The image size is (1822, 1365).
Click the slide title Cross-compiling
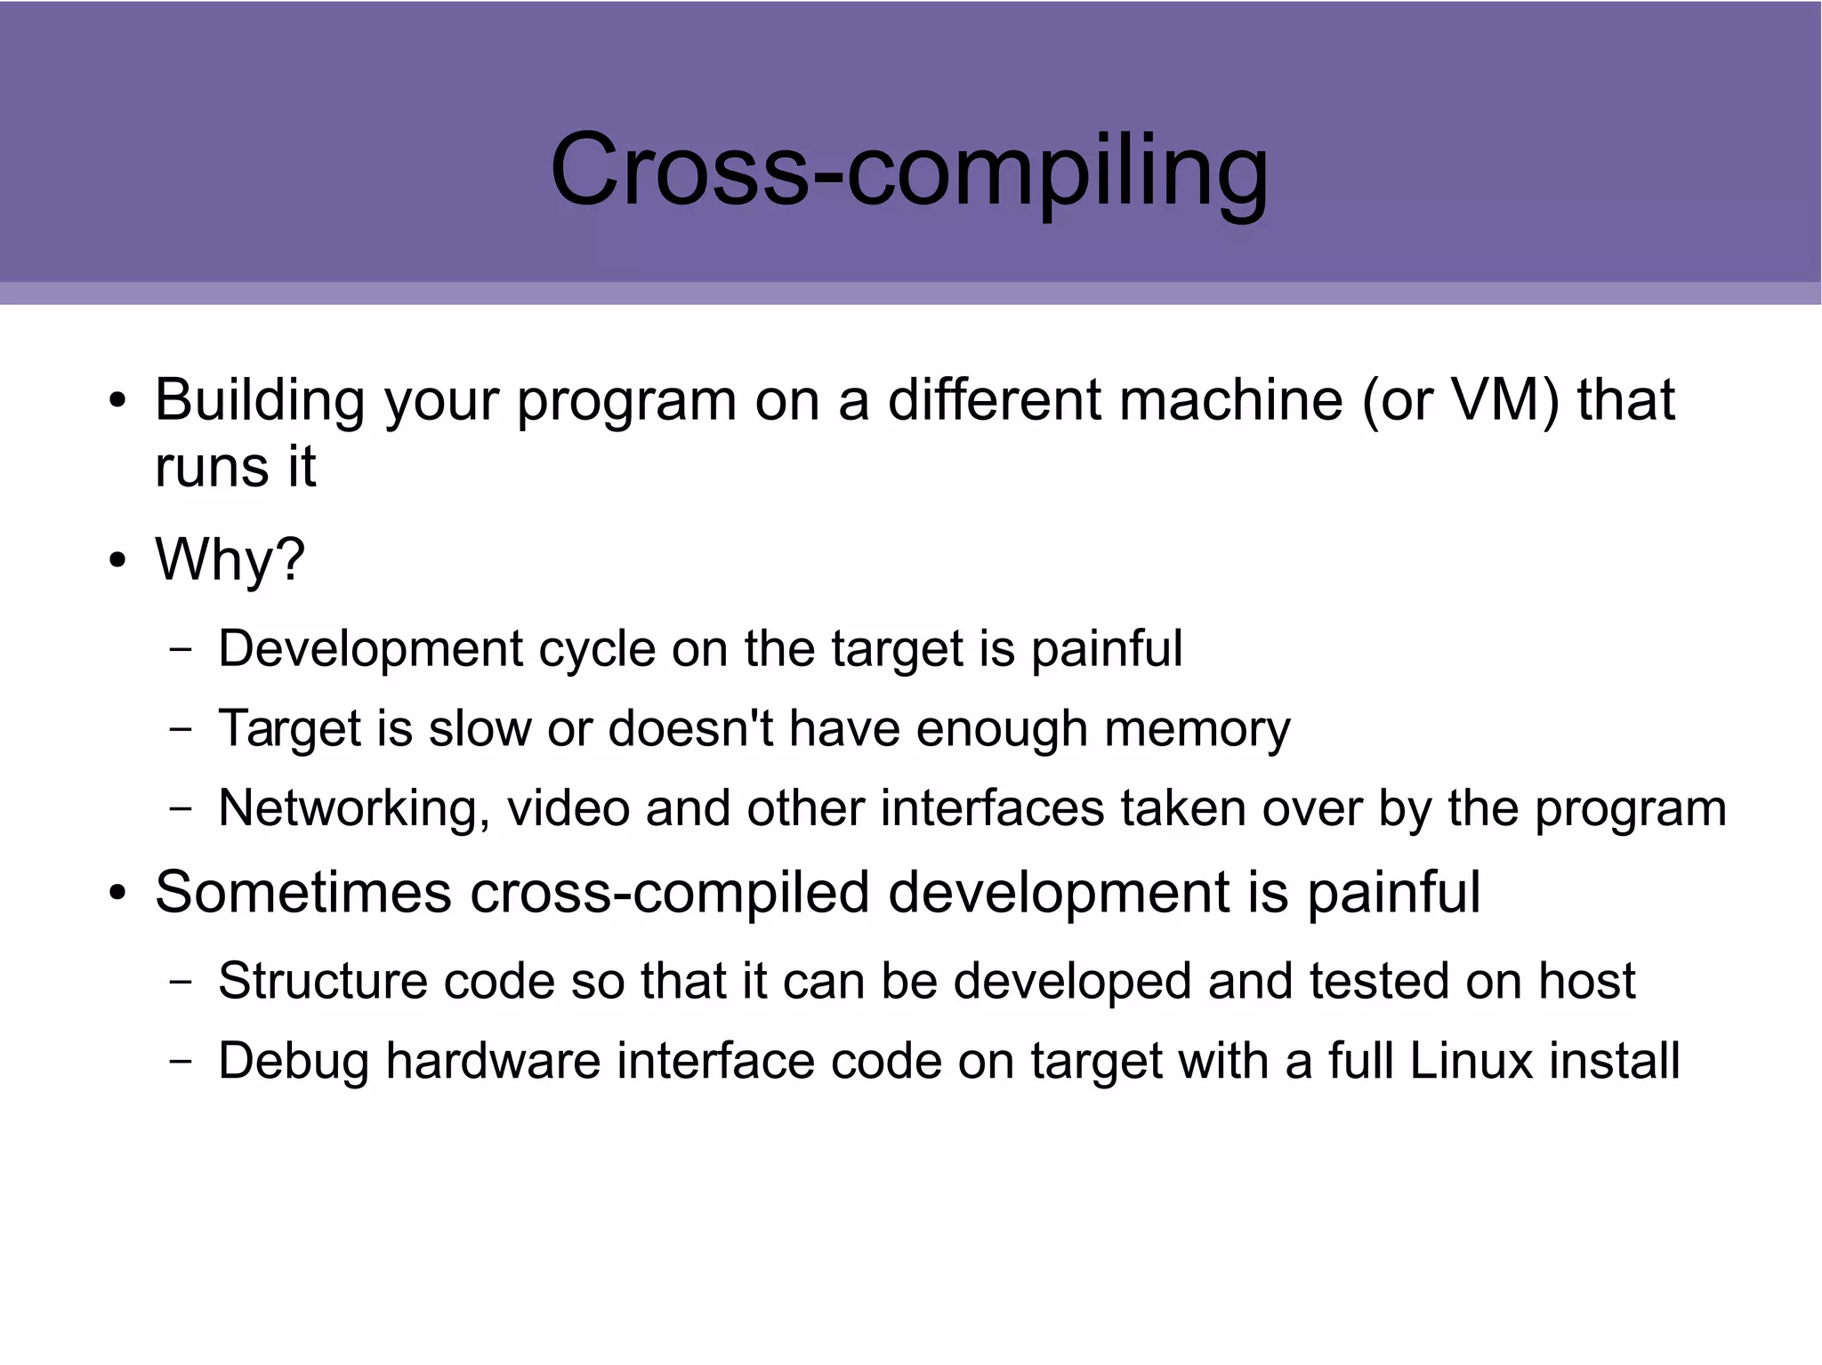pos(909,171)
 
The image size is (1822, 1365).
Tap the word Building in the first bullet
pos(260,400)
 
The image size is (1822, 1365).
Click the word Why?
pos(230,560)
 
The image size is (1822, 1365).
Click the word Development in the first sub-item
pos(371,648)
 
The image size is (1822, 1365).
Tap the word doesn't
pos(690,728)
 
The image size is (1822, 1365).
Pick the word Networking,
pos(354,809)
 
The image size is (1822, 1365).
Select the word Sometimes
pos(303,892)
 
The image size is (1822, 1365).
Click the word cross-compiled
pos(669,894)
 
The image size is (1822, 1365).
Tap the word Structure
pos(322,981)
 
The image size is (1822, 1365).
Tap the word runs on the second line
pos(210,468)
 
